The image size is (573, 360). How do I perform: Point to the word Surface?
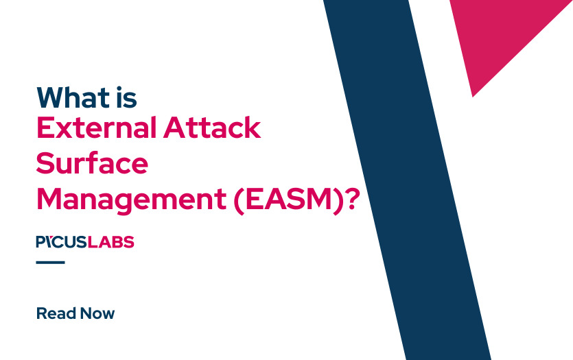click(x=91, y=165)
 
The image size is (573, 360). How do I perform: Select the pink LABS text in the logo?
click(x=115, y=242)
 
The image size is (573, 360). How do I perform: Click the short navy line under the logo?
click(x=50, y=262)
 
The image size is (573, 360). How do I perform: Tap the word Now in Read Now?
click(x=97, y=314)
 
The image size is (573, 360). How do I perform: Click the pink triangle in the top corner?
click(x=501, y=34)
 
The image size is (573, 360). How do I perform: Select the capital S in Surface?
click(x=45, y=165)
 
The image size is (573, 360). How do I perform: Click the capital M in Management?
click(x=48, y=200)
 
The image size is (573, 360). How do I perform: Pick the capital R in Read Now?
click(x=41, y=314)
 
